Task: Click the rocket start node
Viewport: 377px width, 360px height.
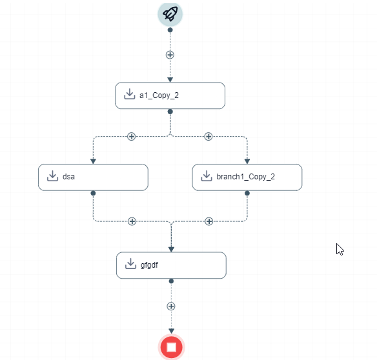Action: [170, 14]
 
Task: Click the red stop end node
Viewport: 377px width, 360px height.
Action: [171, 347]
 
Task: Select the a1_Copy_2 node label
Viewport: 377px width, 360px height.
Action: [159, 95]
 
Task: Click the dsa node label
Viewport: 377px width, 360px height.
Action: [68, 177]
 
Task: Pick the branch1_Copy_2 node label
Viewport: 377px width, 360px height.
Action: [245, 177]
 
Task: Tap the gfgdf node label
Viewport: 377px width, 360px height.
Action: [149, 265]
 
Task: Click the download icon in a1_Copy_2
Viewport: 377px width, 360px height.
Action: [129, 94]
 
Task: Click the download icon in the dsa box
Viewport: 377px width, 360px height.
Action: [52, 175]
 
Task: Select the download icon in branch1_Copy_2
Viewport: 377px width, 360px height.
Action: [207, 175]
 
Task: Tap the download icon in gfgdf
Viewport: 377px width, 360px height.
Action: [130, 264]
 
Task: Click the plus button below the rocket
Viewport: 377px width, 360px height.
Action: [170, 55]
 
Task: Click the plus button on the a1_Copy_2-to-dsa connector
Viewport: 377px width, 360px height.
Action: [131, 137]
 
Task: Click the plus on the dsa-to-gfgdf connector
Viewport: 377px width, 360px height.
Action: [132, 221]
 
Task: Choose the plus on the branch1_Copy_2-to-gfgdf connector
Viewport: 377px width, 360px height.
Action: [209, 221]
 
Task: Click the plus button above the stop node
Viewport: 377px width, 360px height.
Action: [171, 306]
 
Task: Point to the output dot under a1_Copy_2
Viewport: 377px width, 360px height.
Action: [170, 112]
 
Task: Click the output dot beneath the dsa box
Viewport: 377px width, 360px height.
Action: [94, 193]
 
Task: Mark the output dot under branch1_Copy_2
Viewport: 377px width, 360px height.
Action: [247, 193]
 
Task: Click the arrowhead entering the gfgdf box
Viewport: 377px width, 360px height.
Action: [171, 249]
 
